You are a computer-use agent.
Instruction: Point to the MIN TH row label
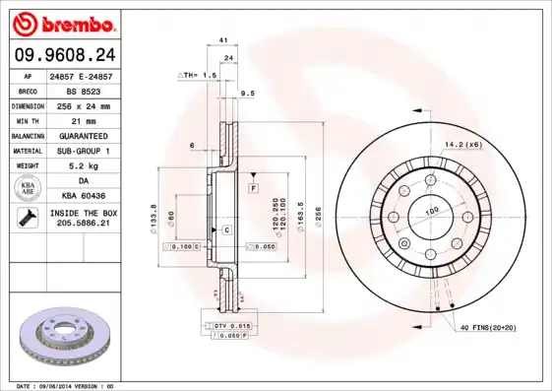pos(26,119)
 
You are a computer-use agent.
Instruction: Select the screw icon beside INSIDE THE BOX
pos(26,219)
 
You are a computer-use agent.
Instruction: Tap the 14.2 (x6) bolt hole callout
pos(462,145)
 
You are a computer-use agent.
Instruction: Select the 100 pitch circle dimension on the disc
pos(430,211)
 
